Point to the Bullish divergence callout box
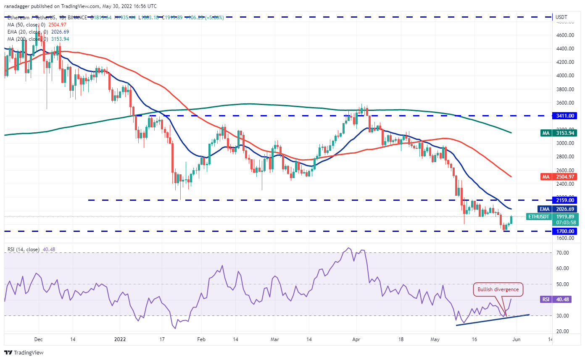point(498,289)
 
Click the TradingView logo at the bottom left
point(24,352)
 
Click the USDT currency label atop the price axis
point(561,17)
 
